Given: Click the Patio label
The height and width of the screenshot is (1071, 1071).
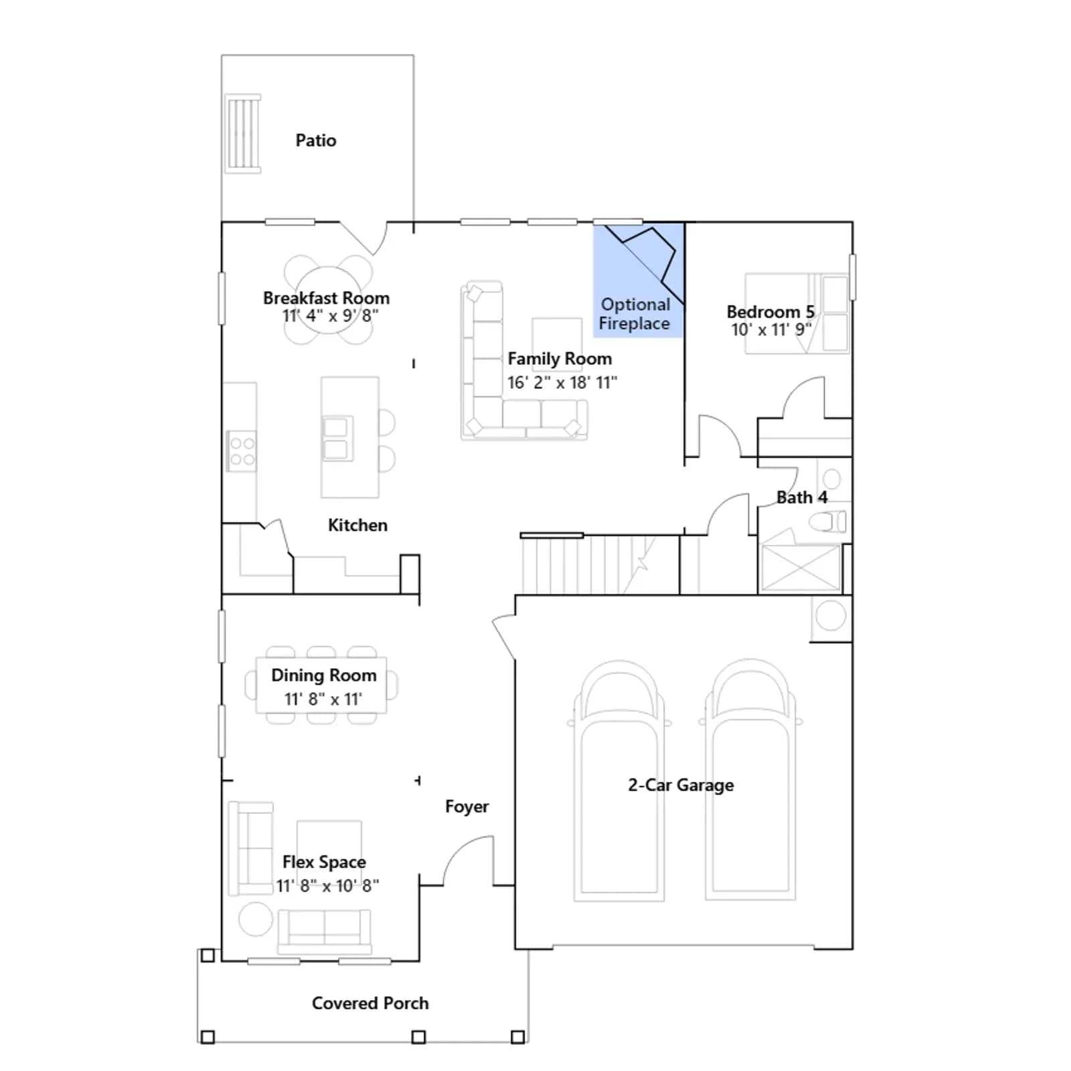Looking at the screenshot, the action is pyautogui.click(x=316, y=141).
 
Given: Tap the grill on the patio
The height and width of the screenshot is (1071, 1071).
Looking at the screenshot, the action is pyautogui.click(x=243, y=134).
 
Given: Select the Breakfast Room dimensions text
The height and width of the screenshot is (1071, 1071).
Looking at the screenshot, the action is pyautogui.click(x=330, y=315).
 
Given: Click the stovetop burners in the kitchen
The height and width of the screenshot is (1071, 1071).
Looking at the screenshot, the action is pyautogui.click(x=242, y=451).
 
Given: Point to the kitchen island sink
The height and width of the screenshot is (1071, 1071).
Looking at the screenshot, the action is pyautogui.click(x=336, y=438).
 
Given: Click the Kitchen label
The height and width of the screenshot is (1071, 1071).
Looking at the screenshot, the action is pyautogui.click(x=357, y=525).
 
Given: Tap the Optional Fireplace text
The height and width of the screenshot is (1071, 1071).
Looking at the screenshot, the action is pyautogui.click(x=635, y=314).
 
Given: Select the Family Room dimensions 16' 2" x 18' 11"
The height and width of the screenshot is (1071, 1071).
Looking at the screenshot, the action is pyautogui.click(x=562, y=383).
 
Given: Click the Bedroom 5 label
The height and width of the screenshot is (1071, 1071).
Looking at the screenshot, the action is pyautogui.click(x=770, y=312).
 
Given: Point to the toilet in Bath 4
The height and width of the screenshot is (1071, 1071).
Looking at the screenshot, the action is pyautogui.click(x=827, y=521).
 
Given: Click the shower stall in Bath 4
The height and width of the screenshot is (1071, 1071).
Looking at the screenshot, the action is pyautogui.click(x=801, y=568).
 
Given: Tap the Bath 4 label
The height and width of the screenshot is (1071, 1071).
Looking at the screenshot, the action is pyautogui.click(x=802, y=497).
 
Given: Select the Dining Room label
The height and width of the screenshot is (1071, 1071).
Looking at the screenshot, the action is pyautogui.click(x=324, y=675).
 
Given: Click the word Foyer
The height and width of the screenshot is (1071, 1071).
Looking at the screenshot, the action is pyautogui.click(x=467, y=807).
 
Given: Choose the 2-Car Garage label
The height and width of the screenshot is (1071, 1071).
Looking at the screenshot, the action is pyautogui.click(x=681, y=785).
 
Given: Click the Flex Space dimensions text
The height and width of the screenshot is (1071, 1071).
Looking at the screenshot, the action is pyautogui.click(x=328, y=886).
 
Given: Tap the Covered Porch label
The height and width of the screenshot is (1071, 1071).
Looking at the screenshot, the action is pyautogui.click(x=370, y=1003).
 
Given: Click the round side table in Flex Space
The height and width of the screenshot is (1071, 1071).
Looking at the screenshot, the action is pyautogui.click(x=256, y=919).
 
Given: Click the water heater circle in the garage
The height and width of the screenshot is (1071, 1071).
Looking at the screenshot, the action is pyautogui.click(x=831, y=615).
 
